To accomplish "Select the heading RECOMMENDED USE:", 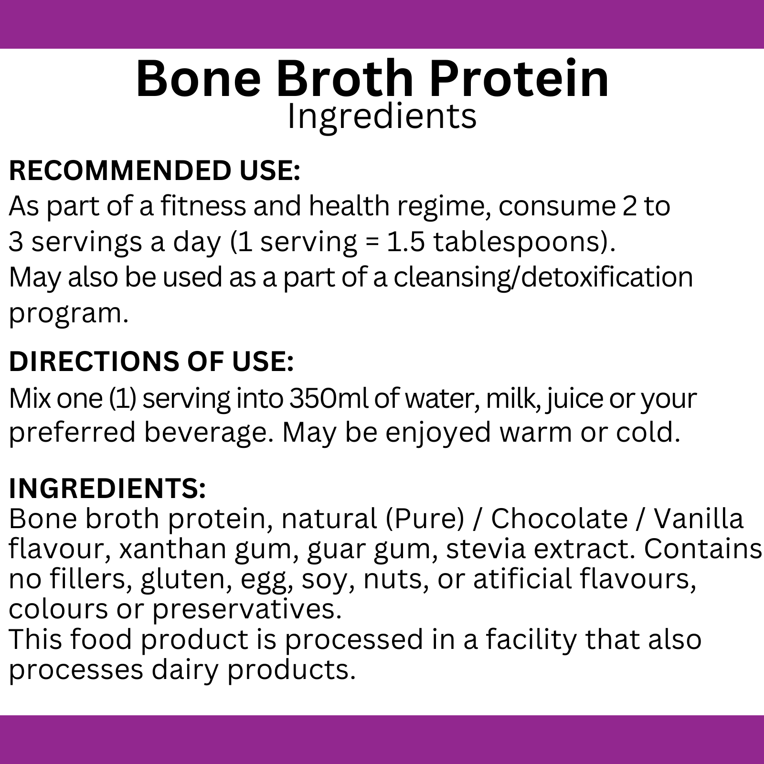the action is click(155, 171).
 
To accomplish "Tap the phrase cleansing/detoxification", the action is click(543, 277).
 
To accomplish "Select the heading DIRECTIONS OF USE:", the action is click(151, 361).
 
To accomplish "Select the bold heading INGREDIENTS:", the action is click(107, 488).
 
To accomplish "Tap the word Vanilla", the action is click(699, 519).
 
